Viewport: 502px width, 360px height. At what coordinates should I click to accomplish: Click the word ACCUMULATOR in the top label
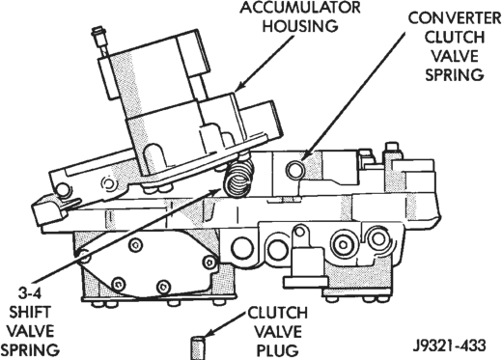point(300,7)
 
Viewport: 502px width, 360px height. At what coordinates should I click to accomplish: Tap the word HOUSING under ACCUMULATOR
point(300,26)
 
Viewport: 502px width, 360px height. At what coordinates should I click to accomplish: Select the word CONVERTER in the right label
point(455,18)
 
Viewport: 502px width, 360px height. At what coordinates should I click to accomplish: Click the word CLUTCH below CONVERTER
point(455,38)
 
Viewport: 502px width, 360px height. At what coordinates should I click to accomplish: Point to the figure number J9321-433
point(449,346)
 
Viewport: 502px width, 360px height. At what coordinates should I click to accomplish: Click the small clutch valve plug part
point(199,347)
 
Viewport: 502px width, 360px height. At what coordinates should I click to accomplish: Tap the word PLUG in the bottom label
point(276,350)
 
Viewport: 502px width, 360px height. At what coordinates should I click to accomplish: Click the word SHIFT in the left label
point(30,313)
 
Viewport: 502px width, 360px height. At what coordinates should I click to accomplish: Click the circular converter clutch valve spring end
point(294,170)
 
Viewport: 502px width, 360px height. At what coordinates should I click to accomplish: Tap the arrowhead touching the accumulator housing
point(239,86)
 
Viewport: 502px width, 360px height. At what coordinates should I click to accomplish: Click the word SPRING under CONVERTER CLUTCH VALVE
point(455,75)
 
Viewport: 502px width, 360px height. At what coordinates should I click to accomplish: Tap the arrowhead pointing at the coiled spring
point(216,190)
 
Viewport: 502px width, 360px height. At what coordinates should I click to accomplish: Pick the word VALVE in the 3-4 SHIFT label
point(30,331)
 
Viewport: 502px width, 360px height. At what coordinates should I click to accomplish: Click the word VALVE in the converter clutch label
point(455,56)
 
